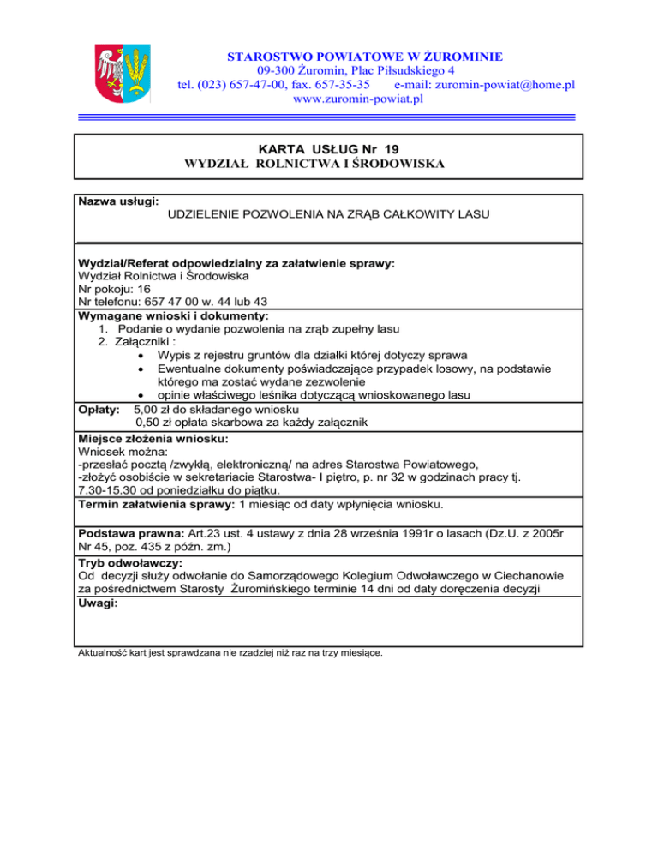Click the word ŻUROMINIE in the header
click(458, 56)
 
